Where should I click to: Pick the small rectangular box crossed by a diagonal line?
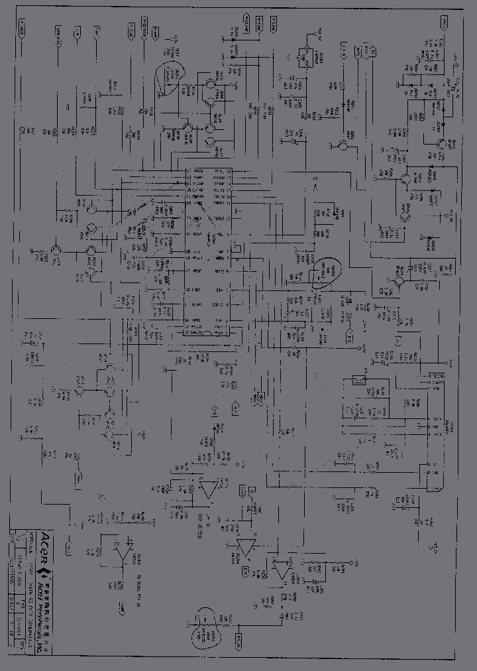point(360,379)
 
